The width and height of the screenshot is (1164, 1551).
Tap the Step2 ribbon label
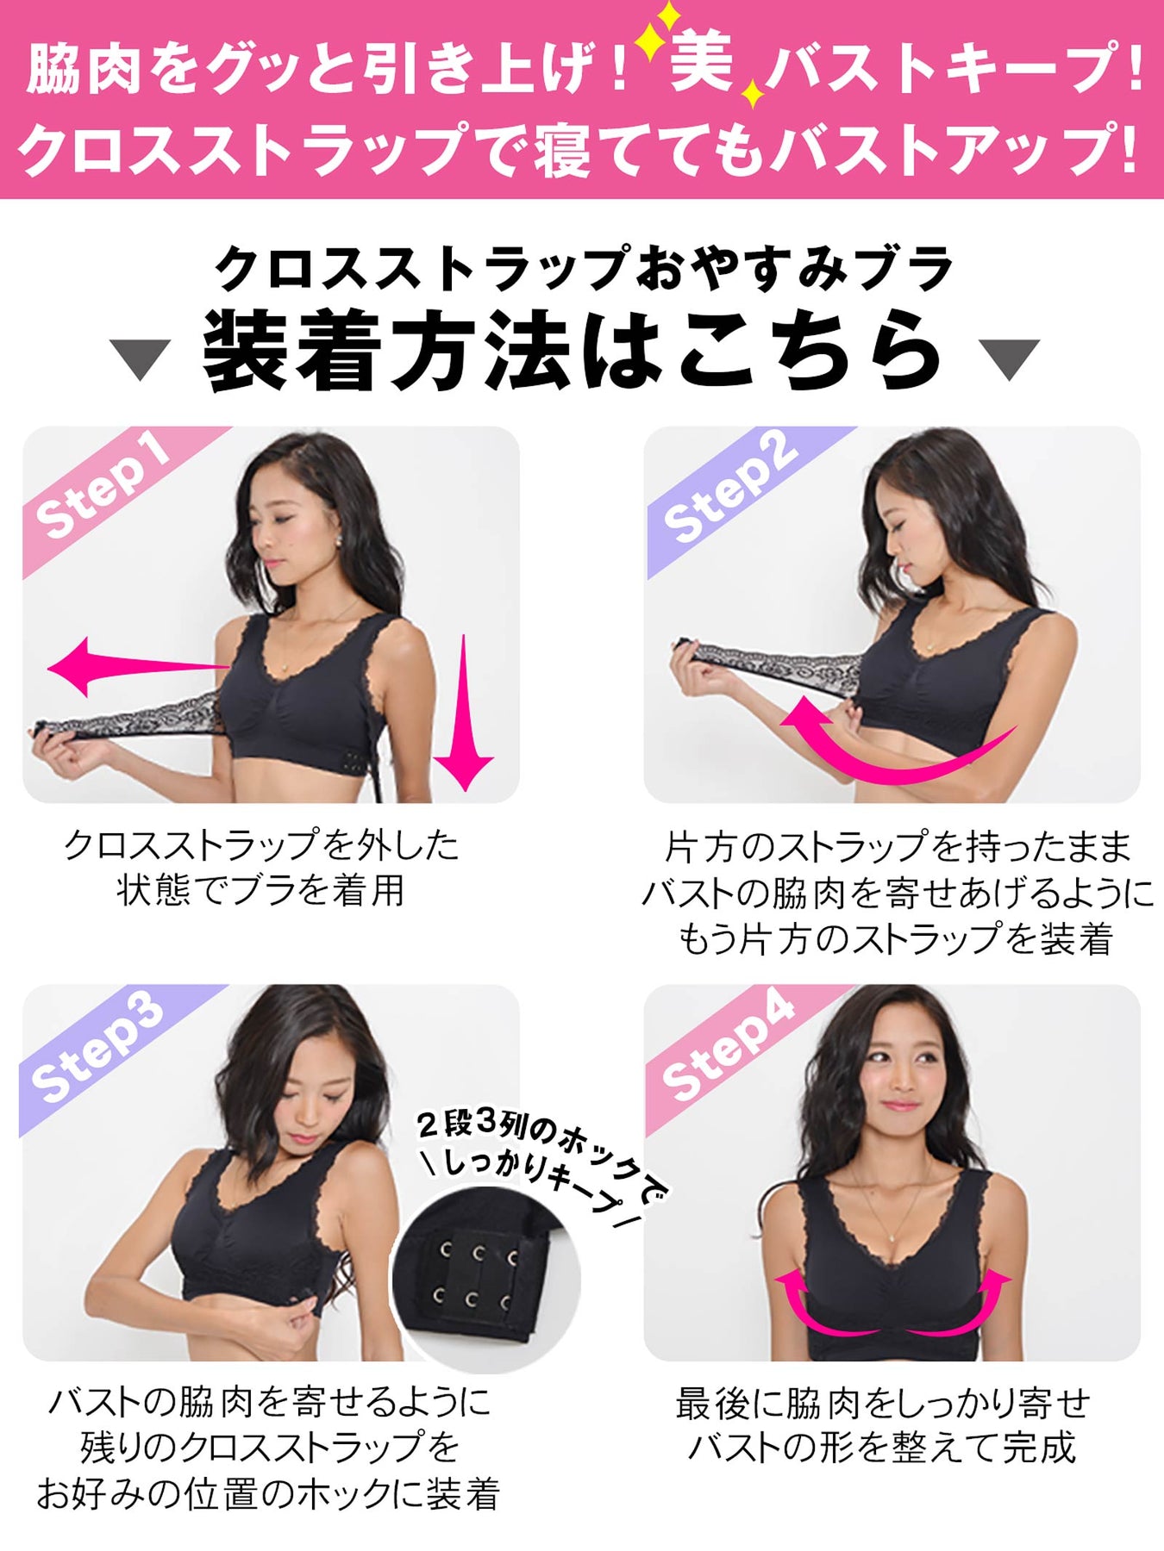(729, 486)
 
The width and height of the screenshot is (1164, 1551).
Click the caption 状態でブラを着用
(261, 890)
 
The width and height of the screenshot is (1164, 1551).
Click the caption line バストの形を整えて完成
(882, 1447)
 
